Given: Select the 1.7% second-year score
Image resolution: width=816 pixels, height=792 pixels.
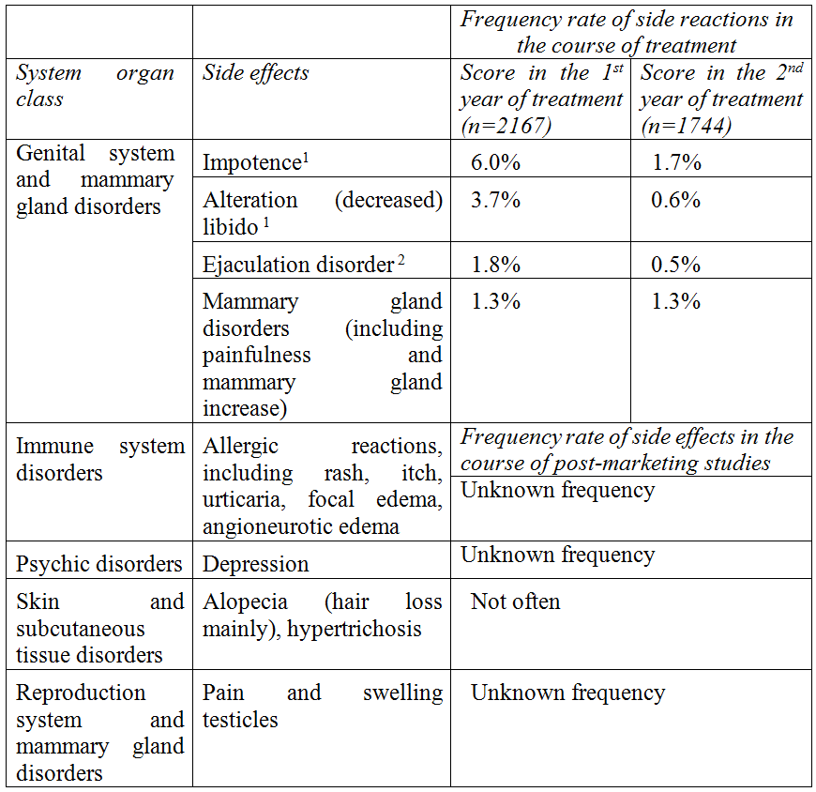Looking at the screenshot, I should coord(676,162).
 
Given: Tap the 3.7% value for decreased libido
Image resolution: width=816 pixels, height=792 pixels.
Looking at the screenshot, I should coord(490,200).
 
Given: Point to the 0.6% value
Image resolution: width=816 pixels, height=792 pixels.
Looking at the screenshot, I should coord(676,200).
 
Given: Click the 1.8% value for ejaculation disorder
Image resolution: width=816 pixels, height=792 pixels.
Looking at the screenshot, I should coord(490,265).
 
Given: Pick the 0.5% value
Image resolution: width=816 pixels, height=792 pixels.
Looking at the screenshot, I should coord(676,265).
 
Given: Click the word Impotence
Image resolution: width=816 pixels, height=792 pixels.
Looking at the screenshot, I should coord(250,162).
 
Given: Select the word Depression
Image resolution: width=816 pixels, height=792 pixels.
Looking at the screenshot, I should coord(255,564).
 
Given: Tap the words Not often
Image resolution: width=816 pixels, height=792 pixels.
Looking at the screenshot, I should coord(515,602).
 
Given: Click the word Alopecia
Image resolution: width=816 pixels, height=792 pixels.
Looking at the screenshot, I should coord(245,602).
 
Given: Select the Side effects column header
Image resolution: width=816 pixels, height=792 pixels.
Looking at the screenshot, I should coord(255,73).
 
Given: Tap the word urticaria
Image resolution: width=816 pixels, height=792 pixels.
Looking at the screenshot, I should coord(247,500).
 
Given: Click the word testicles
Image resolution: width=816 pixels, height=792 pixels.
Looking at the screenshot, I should coord(240,720).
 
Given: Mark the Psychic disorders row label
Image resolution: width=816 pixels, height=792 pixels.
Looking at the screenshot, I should coord(98,564).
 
